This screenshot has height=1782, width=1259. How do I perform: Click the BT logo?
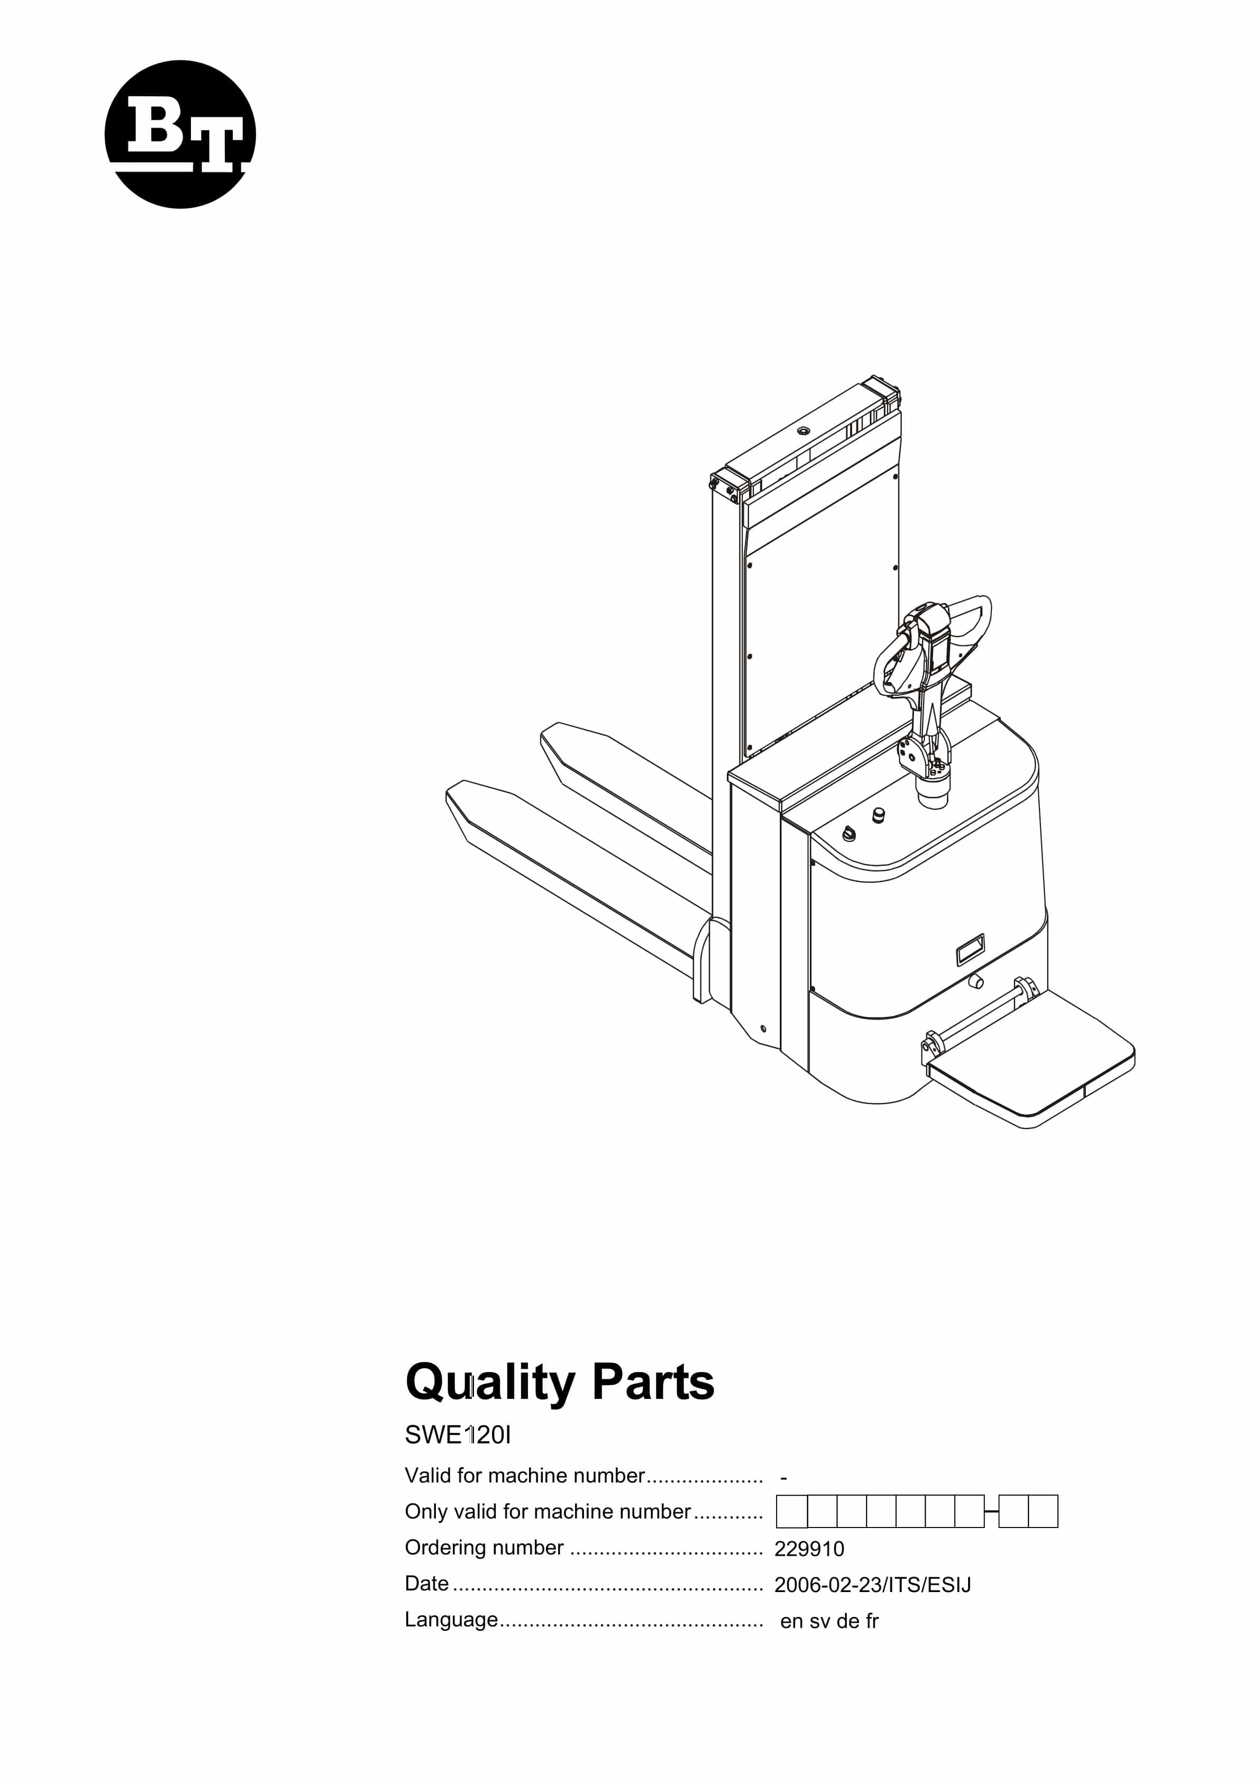pyautogui.click(x=180, y=134)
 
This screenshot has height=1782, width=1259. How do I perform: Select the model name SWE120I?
pyautogui.click(x=458, y=1435)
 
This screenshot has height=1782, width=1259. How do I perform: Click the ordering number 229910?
pyautogui.click(x=809, y=1549)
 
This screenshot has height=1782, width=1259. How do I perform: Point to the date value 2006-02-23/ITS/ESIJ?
pyautogui.click(x=872, y=1585)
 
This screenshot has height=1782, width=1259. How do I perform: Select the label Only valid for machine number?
pyautogui.click(x=547, y=1511)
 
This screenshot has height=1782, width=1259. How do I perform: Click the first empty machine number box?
pyautogui.click(x=792, y=1511)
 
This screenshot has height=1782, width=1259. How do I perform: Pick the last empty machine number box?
pyautogui.click(x=1043, y=1511)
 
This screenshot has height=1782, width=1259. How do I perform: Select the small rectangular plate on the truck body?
pyautogui.click(x=970, y=949)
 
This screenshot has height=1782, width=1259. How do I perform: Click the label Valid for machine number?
pyautogui.click(x=525, y=1476)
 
